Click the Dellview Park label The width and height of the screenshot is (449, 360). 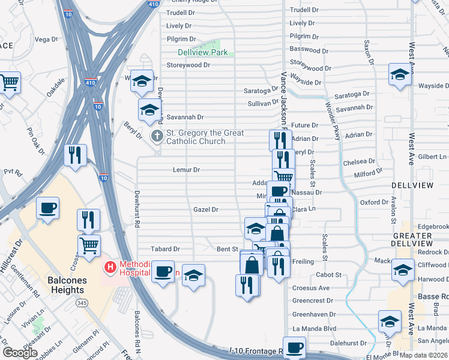(202, 53)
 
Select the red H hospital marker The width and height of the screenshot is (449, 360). (110, 266)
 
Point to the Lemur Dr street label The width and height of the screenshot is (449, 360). (185, 170)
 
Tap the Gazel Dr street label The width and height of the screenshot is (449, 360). (205, 209)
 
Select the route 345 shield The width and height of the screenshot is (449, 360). (82, 304)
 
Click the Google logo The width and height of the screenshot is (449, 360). (20, 352)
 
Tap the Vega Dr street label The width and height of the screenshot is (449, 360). (46, 40)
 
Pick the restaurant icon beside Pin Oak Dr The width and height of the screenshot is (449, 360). (76, 155)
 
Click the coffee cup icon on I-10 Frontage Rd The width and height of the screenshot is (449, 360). (294, 348)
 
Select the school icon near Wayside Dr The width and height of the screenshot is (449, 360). (400, 74)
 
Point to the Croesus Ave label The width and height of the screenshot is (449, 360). (311, 288)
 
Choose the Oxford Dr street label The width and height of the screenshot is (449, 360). (374, 202)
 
